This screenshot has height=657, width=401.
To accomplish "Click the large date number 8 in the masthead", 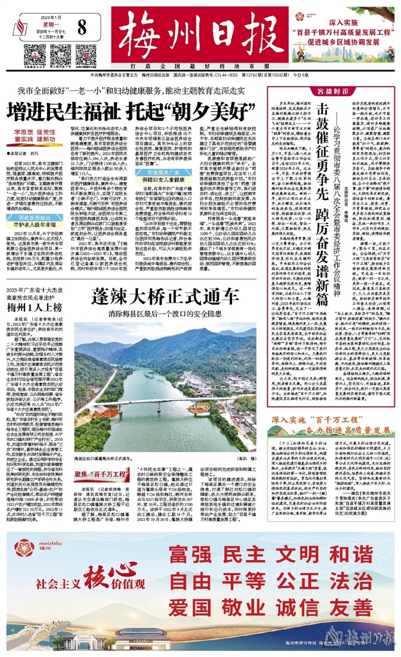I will click(x=82, y=28).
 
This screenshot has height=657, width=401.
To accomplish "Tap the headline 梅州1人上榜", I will click(x=32, y=308).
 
